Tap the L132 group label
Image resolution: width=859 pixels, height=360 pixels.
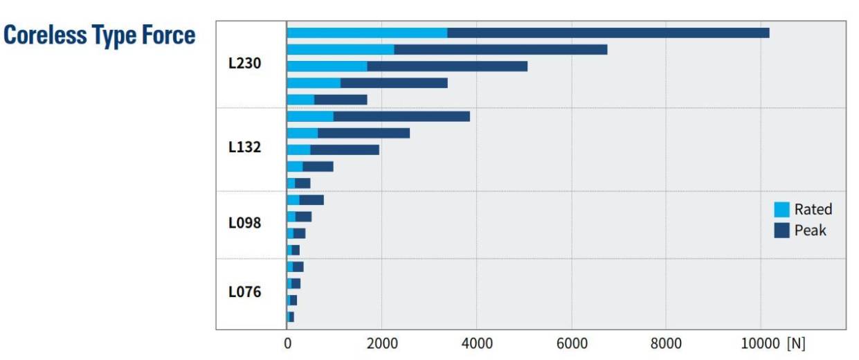[244, 147]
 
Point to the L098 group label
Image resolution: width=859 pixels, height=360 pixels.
[244, 224]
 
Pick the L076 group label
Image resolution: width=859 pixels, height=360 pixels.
[244, 291]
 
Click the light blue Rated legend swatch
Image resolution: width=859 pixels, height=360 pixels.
[781, 209]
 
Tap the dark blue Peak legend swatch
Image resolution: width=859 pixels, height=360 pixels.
[781, 230]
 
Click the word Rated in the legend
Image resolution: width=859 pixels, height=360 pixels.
[813, 209]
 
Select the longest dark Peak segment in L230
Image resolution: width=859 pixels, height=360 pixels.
[608, 33]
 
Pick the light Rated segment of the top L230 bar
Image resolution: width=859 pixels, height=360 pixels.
[367, 33]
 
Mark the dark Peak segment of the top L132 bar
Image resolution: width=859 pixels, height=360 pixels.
[401, 116]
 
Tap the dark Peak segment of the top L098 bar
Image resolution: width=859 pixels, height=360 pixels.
[311, 200]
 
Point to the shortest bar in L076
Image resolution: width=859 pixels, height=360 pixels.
[291, 316]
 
